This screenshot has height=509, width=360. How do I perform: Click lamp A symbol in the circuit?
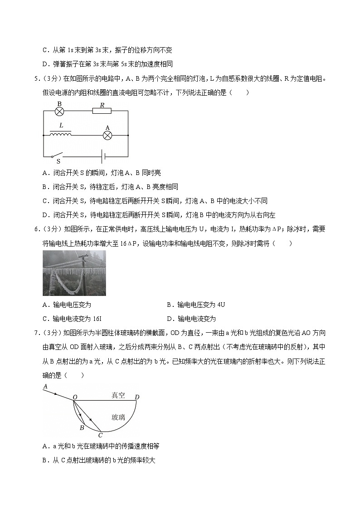click(107, 135)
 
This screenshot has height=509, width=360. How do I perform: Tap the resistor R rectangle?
click(102, 110)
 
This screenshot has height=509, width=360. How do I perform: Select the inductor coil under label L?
click(60, 135)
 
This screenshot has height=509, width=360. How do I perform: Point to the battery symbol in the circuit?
click(104, 156)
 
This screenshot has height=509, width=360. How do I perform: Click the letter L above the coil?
click(61, 125)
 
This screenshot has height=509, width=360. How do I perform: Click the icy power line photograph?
click(74, 273)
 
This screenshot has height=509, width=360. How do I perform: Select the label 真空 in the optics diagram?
click(118, 395)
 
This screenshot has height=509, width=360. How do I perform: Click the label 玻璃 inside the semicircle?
click(118, 417)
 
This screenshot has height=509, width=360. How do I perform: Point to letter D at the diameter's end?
click(137, 398)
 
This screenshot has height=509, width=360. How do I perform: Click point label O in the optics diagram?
click(75, 398)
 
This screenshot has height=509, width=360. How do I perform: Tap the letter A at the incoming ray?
click(45, 386)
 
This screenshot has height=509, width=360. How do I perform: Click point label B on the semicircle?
click(82, 427)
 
